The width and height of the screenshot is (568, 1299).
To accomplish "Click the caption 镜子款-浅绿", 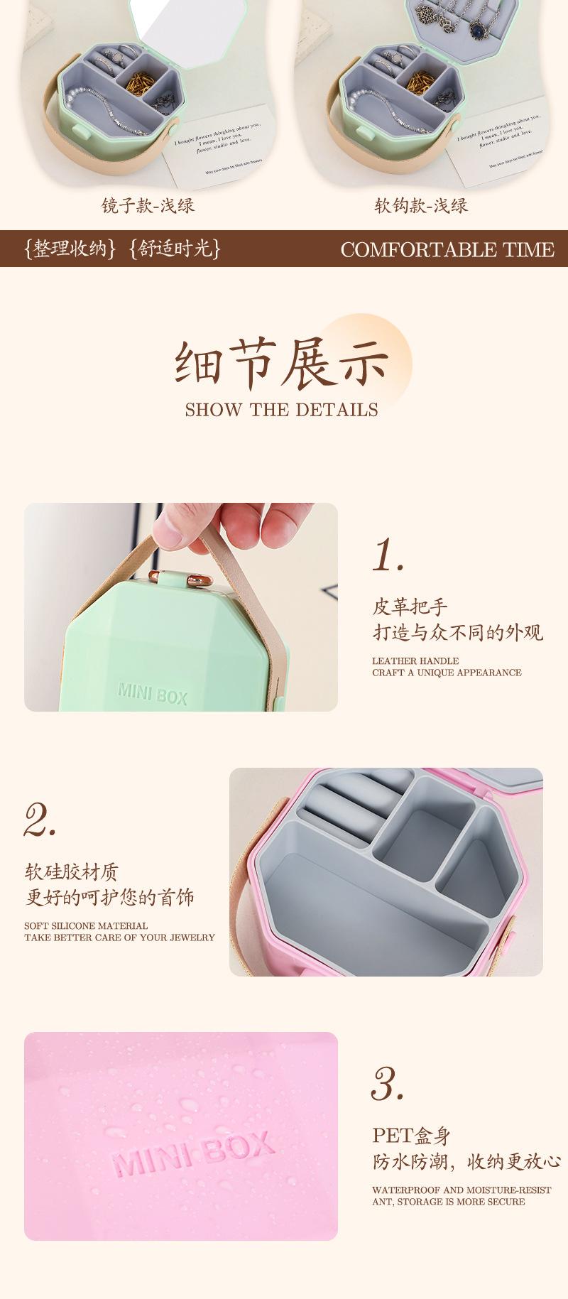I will pyautogui.click(x=148, y=206).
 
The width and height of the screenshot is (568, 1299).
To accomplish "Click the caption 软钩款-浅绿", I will pyautogui.click(x=421, y=206).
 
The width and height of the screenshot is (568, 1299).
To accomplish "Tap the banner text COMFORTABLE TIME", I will pyautogui.click(x=447, y=249).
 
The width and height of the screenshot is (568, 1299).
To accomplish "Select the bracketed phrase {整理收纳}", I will pyautogui.click(x=68, y=249).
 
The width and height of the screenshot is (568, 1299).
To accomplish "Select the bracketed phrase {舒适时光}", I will pyautogui.click(x=175, y=249).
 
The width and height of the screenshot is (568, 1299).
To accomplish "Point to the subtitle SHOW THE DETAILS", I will pyautogui.click(x=282, y=410).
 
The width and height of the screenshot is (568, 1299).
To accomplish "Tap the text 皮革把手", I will pyautogui.click(x=410, y=607).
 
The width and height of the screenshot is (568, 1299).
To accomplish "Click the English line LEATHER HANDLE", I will pyautogui.click(x=415, y=661).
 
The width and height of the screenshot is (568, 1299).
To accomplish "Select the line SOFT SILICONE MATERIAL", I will pyautogui.click(x=86, y=925).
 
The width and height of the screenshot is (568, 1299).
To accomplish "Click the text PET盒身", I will pyautogui.click(x=412, y=1136).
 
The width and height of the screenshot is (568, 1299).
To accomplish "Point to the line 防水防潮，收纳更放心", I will pyautogui.click(x=466, y=1162).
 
